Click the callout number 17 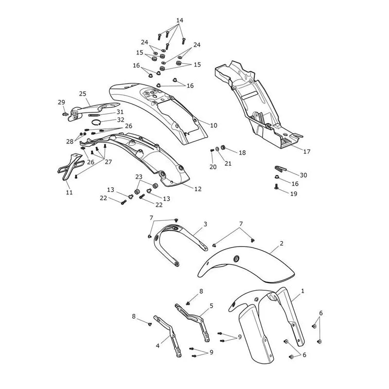coord(307,151)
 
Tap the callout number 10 coord(213,125)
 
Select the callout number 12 coord(198,189)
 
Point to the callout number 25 coord(83,94)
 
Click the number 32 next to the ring coord(121,120)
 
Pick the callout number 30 coord(303,175)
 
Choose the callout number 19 coord(294,194)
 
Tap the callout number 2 coord(282,244)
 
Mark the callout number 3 coord(205,224)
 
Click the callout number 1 coord(302,291)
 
